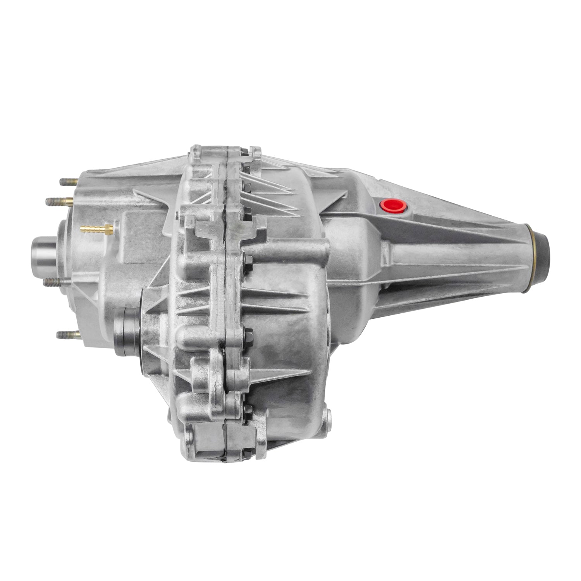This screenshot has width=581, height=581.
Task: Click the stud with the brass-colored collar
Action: [x=60, y=201]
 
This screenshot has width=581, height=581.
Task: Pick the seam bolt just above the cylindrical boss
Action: [x=247, y=211]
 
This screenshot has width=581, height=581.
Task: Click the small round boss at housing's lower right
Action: [x=328, y=416]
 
